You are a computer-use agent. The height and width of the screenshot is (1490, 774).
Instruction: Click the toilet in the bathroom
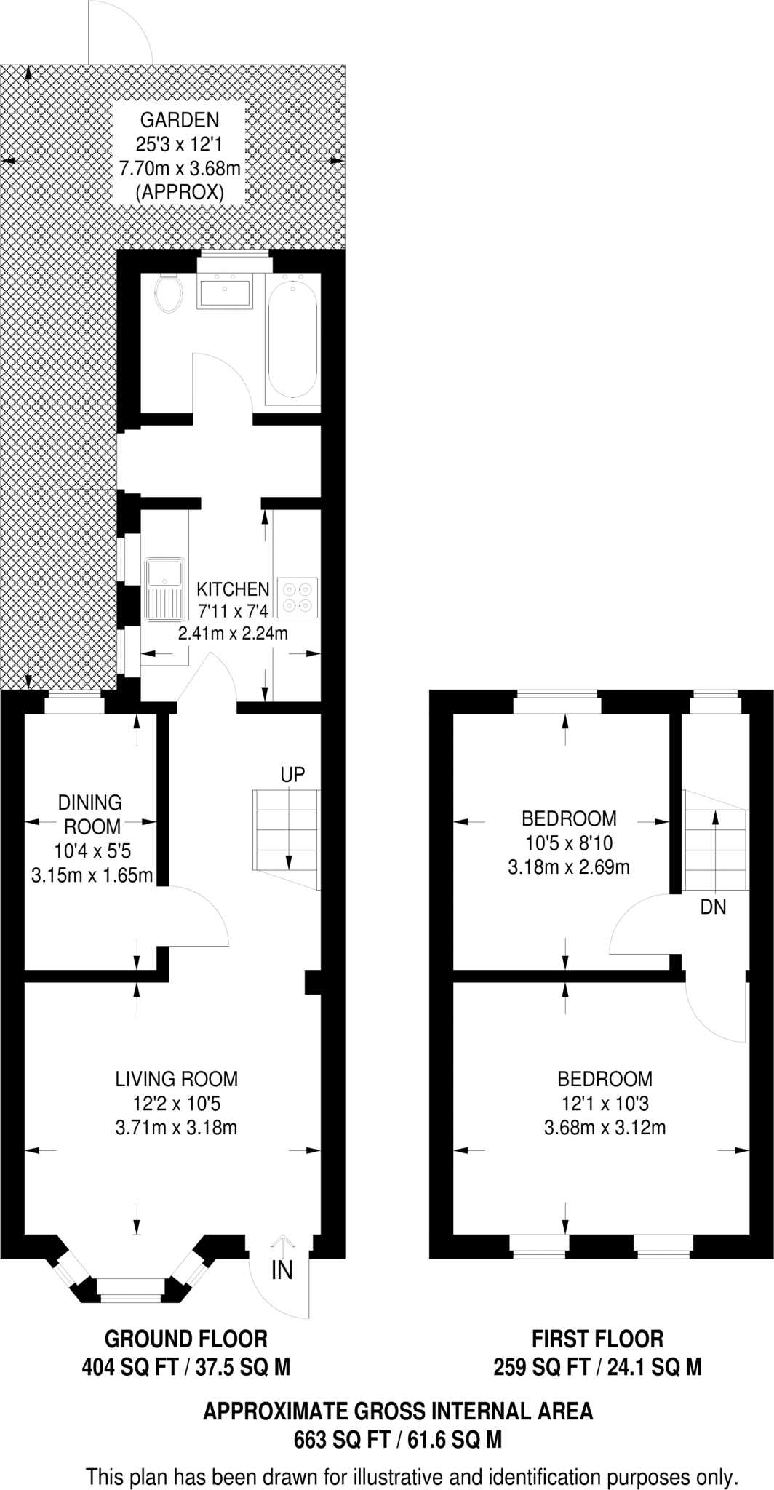169,292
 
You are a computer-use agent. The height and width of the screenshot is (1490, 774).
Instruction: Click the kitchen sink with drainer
165,589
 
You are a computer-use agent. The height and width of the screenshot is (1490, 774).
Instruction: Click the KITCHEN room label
233,589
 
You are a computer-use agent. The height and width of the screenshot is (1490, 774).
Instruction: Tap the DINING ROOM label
90,814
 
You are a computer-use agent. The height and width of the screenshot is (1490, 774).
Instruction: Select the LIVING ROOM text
177,1078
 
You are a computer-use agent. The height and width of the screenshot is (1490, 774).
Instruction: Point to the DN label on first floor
713,907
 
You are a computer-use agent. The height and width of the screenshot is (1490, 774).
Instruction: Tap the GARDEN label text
179,119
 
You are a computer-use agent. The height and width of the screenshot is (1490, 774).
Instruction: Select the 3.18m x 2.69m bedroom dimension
568,867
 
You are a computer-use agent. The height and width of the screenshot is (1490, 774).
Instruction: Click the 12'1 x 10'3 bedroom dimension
603,1104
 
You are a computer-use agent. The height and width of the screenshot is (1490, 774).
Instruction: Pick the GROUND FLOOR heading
186,1339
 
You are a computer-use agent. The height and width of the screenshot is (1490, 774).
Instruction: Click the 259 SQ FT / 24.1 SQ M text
597,1367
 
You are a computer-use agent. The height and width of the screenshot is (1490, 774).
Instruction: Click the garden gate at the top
120,33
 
